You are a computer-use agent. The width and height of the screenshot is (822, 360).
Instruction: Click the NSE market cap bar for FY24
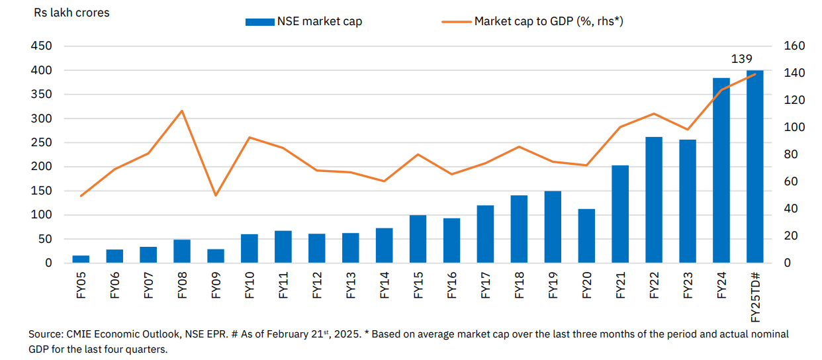pos(721,170)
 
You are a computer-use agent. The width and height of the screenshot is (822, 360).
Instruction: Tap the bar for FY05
pos(81,259)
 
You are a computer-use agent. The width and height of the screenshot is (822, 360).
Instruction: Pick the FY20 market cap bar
pos(586,236)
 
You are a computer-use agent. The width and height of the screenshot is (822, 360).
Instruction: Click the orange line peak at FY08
pos(182,111)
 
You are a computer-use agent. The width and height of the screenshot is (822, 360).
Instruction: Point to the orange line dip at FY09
pos(216,195)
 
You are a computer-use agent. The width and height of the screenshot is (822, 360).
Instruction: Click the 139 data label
pos(741,59)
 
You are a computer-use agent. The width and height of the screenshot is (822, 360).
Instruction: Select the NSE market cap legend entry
pos(304,21)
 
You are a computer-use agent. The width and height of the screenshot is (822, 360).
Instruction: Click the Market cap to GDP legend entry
pos(533,21)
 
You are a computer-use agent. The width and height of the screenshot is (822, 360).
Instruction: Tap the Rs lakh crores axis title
pos(71,13)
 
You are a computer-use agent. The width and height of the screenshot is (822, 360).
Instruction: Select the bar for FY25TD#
pos(754,166)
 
